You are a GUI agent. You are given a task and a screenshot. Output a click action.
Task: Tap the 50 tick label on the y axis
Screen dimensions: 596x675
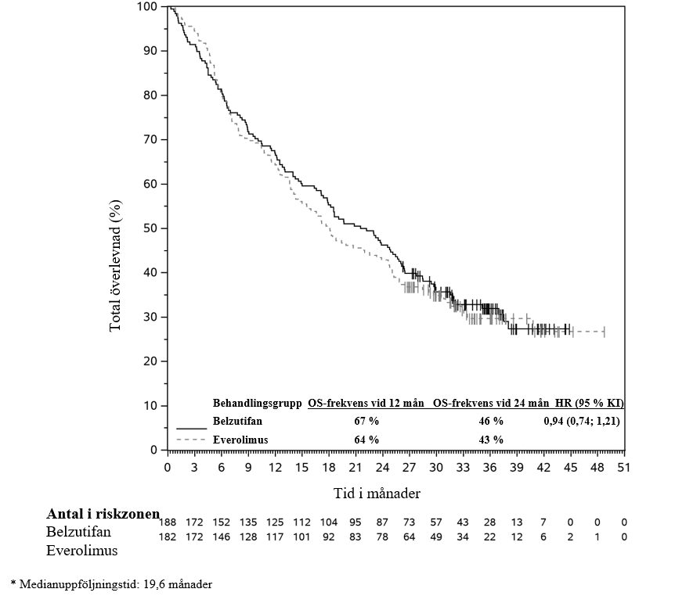coord(150,228)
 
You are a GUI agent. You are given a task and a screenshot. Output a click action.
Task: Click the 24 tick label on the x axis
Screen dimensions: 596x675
coord(382,467)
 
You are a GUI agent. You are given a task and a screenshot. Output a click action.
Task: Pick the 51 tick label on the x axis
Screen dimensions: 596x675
coord(623,467)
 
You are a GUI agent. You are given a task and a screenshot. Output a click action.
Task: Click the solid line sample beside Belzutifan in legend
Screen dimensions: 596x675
coord(191,429)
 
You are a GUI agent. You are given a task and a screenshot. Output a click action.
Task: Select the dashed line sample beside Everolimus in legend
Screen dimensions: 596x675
coord(191,440)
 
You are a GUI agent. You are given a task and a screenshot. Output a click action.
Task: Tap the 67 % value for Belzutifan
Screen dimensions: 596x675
coord(366,422)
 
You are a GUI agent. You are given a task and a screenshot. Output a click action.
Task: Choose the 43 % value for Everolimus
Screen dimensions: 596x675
coord(491,440)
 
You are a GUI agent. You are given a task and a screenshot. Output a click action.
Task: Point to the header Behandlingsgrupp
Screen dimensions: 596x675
coord(257,404)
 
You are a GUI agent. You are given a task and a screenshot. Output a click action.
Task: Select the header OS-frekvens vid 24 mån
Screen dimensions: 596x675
coord(491,404)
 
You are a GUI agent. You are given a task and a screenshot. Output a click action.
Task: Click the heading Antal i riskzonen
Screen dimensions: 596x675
coord(103,514)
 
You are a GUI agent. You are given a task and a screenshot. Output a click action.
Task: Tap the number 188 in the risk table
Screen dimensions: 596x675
coord(168,522)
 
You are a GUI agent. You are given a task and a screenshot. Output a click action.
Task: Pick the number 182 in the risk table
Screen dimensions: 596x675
coord(168,537)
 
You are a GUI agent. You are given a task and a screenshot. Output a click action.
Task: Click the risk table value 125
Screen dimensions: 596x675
coord(275,522)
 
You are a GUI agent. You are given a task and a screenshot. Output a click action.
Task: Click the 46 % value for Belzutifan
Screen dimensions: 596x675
coord(491,422)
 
